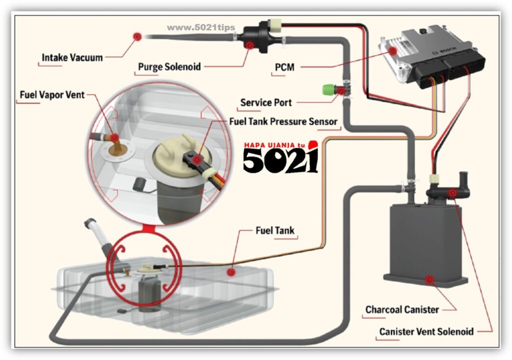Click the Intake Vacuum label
tap(72, 57)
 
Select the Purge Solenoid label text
tap(169, 66)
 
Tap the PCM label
tap(284, 67)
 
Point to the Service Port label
tap(265, 102)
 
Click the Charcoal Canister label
tap(402, 309)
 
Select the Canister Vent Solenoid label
tap(426, 331)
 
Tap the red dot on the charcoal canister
tap(429, 280)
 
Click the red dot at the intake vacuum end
tap(137, 35)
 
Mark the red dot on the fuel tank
tap(231, 272)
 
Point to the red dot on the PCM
tap(393, 50)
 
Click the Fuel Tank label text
tap(275, 231)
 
